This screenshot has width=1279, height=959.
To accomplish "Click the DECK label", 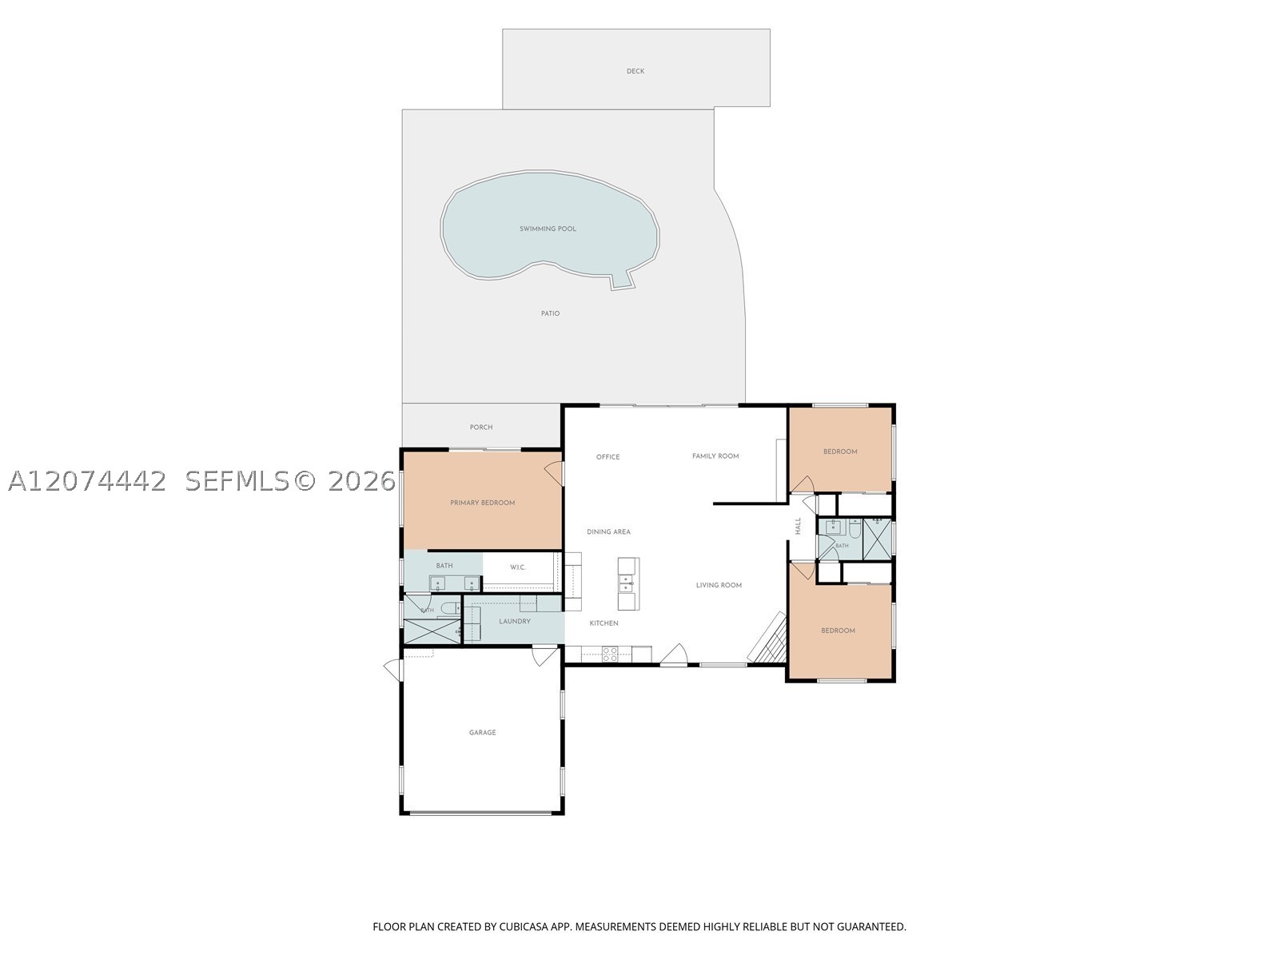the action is pyautogui.click(x=636, y=71).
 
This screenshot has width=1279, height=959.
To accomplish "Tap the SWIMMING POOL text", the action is pyautogui.click(x=548, y=229).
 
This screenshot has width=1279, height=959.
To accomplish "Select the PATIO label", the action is pyautogui.click(x=550, y=313).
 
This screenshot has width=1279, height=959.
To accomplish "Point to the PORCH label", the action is pyautogui.click(x=481, y=427).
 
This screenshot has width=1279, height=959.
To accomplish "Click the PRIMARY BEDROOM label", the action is pyautogui.click(x=483, y=503).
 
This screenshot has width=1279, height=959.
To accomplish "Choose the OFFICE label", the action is pyautogui.click(x=608, y=457).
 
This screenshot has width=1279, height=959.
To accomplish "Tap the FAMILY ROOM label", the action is pyautogui.click(x=715, y=456).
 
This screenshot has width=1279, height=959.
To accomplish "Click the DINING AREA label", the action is pyautogui.click(x=608, y=531).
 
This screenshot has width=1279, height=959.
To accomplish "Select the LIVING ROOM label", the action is pyautogui.click(x=719, y=585).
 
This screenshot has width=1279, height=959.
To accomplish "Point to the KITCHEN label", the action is pyautogui.click(x=604, y=623).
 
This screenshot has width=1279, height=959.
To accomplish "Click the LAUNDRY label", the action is pyautogui.click(x=515, y=621).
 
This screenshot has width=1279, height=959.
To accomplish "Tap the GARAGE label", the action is pyautogui.click(x=483, y=733).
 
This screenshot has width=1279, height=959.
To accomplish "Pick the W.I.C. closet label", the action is pyautogui.click(x=517, y=567).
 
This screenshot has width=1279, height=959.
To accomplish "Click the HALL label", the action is pyautogui.click(x=799, y=526).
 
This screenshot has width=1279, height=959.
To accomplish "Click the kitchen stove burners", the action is pyautogui.click(x=609, y=654).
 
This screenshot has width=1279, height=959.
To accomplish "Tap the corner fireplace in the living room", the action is pyautogui.click(x=767, y=638).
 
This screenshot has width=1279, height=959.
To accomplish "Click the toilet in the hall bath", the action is pyautogui.click(x=855, y=529).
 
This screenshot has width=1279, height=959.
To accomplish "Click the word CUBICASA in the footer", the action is pyautogui.click(x=524, y=926).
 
